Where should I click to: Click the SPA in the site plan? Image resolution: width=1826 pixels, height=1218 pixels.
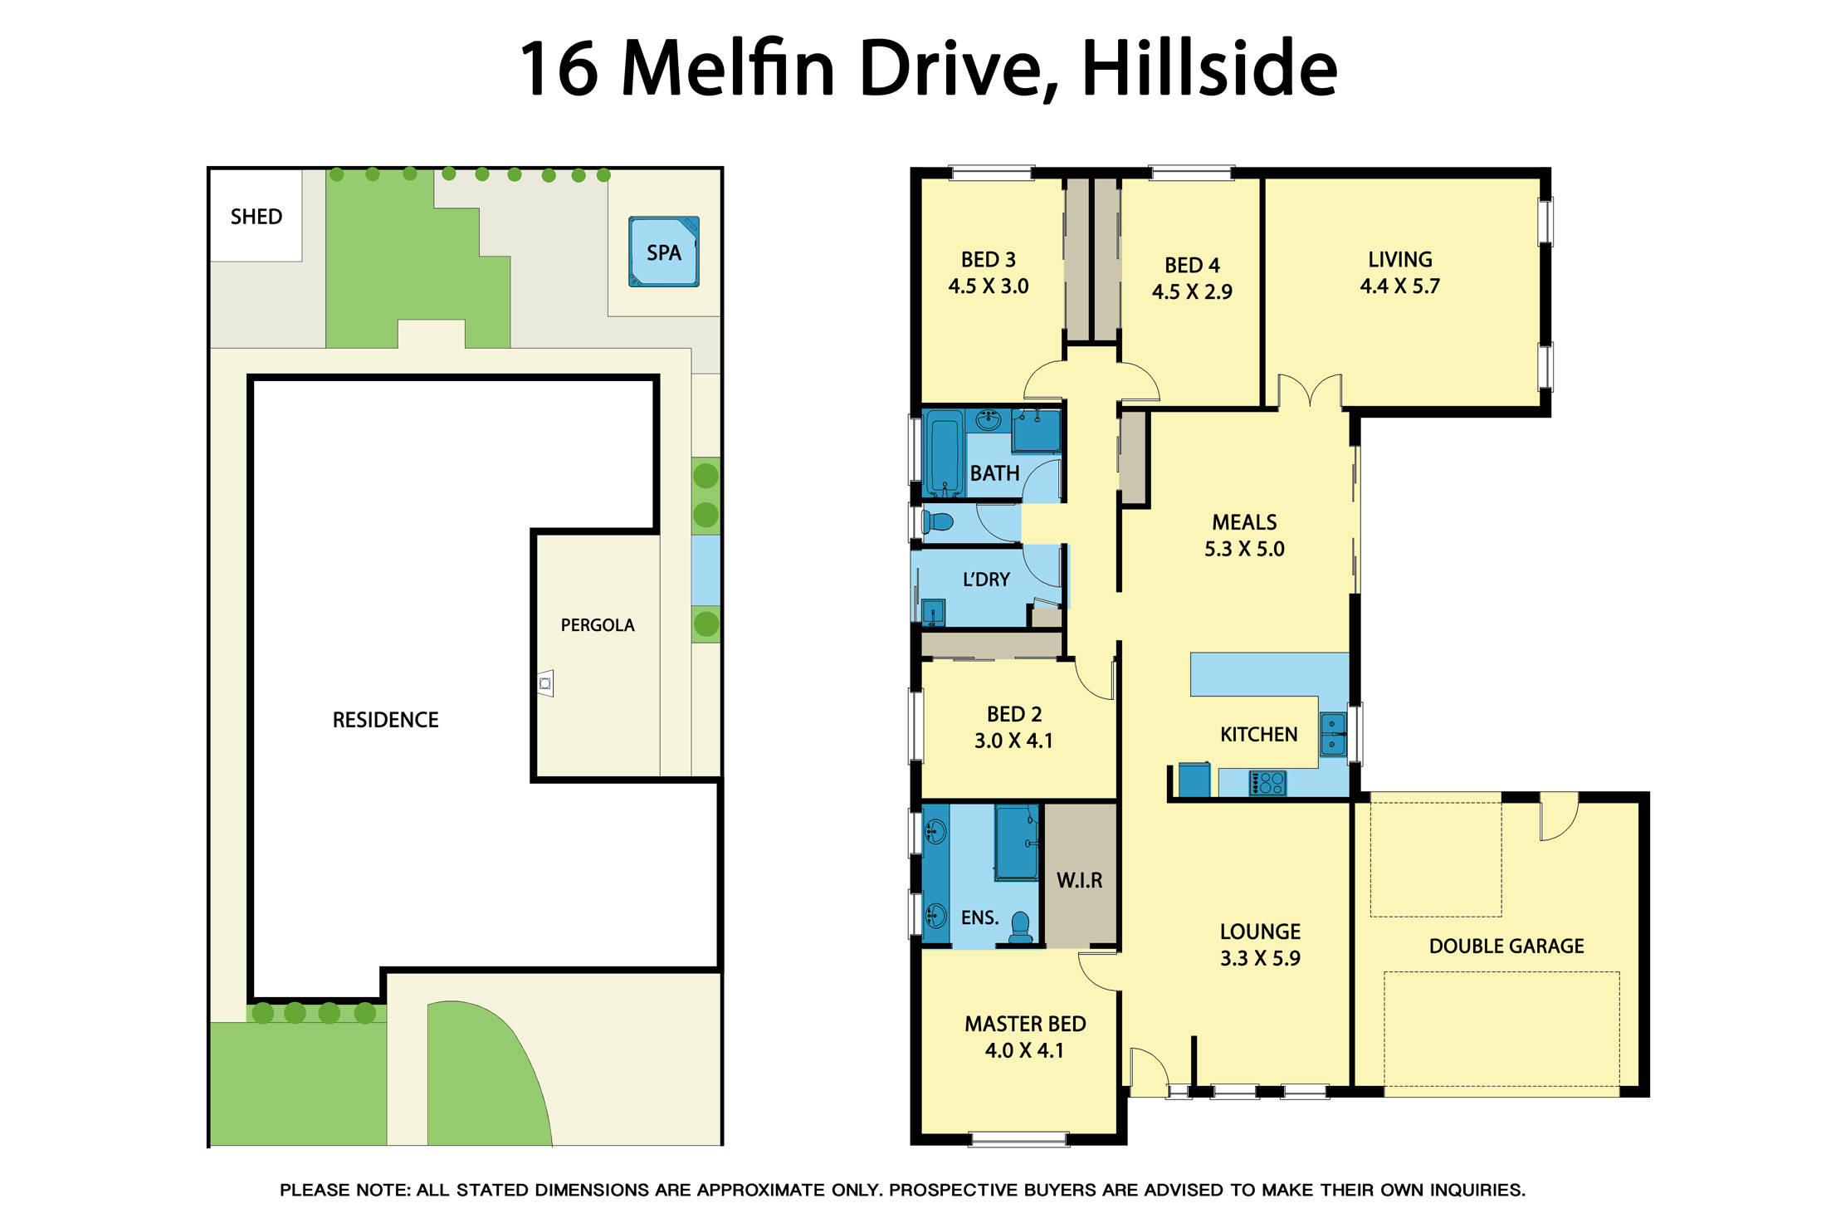click(663, 252)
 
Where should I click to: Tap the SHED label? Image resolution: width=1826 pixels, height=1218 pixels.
click(256, 217)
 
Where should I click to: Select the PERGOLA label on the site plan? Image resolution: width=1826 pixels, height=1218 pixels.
click(597, 625)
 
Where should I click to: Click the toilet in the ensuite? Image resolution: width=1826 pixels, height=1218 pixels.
click(1020, 927)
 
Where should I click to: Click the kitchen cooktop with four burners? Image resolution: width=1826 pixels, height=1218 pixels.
click(1267, 783)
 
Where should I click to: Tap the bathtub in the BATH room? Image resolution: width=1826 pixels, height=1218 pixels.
click(945, 452)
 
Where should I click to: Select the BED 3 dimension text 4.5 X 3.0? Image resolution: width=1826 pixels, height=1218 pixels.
click(988, 286)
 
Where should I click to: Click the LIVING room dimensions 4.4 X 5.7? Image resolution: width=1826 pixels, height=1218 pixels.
click(1399, 286)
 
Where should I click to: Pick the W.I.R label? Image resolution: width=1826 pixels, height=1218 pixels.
click(1079, 880)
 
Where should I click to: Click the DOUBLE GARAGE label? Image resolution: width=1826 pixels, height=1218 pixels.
click(1506, 946)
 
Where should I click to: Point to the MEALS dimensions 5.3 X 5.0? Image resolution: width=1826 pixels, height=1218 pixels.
click(1243, 549)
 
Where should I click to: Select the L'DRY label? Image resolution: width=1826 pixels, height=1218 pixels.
click(986, 580)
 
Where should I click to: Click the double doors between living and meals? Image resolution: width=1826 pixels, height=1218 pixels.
click(1309, 392)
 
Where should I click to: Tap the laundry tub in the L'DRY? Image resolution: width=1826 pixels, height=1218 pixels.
click(934, 613)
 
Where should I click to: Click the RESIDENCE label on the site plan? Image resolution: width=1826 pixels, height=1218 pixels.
click(385, 720)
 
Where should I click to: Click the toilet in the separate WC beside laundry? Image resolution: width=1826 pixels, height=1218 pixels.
click(937, 522)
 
